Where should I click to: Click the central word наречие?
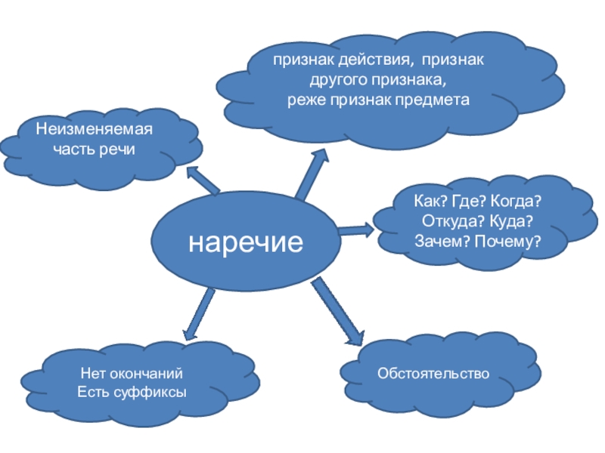(x=246, y=242)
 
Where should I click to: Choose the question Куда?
(x=513, y=223)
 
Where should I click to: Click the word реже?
(x=302, y=100)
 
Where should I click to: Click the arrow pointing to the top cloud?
(x=312, y=174)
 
